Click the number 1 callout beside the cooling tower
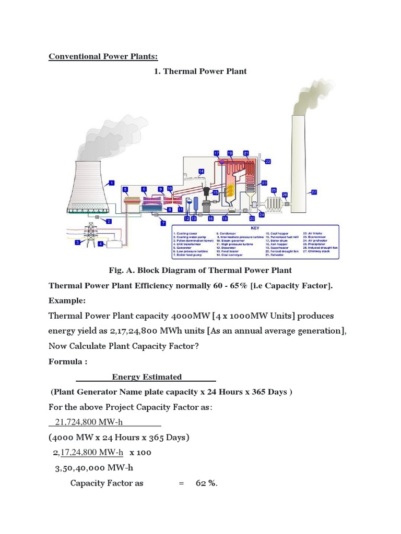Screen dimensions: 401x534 tap(111, 183)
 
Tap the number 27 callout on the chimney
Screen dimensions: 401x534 tap(314, 192)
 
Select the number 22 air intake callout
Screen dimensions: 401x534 tap(268, 161)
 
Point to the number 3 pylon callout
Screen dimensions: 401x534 tap(77, 242)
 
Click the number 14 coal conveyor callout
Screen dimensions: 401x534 tap(201, 171)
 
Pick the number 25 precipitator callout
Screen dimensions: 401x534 tap(274, 190)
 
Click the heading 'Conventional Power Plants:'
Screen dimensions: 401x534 tap(103, 56)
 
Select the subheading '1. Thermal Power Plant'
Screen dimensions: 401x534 tap(200, 71)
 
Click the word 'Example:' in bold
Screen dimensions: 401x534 tap(67, 300)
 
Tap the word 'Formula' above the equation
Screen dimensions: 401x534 tap(65, 361)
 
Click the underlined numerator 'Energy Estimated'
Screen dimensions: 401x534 tap(147, 377)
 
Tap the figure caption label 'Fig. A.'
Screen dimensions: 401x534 tap(122, 270)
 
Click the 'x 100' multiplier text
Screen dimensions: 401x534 tap(140, 452)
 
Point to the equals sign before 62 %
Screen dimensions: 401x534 tap(181, 483)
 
